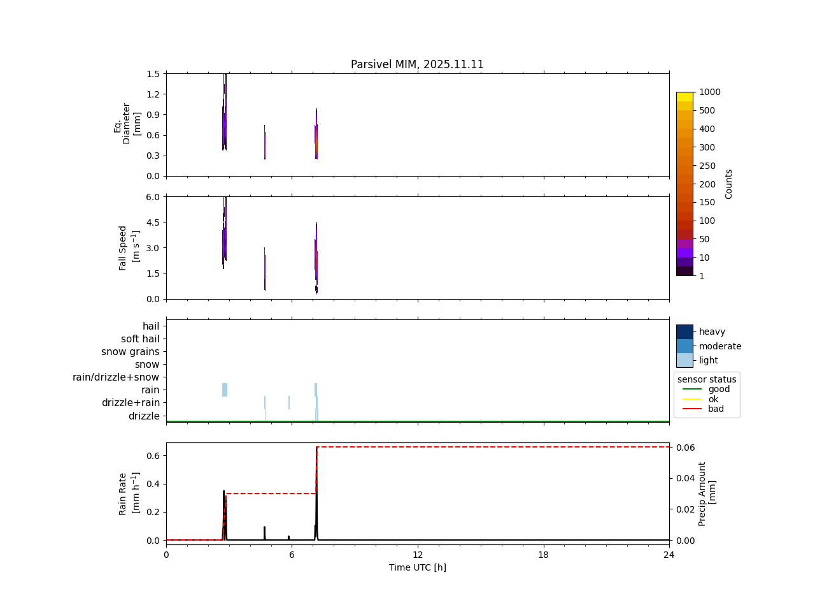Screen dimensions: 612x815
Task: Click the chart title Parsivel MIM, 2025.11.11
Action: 417,64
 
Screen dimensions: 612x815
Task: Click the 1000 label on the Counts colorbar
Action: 709,92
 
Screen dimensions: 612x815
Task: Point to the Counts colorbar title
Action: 728,184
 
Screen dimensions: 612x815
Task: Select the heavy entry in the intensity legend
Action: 712,331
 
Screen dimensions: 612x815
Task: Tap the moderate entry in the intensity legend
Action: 719,346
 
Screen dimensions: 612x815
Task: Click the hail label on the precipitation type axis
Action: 151,326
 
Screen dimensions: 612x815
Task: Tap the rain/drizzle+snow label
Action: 116,377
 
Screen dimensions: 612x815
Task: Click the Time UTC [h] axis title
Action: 417,567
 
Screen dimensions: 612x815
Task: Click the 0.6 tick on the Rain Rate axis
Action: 153,455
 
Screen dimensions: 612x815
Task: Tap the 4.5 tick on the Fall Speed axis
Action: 153,222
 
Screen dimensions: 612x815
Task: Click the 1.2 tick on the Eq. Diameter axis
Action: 153,94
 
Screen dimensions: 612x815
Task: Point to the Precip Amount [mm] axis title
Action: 707,493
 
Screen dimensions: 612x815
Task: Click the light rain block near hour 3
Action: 225,390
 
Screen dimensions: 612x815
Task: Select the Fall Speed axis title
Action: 127,247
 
